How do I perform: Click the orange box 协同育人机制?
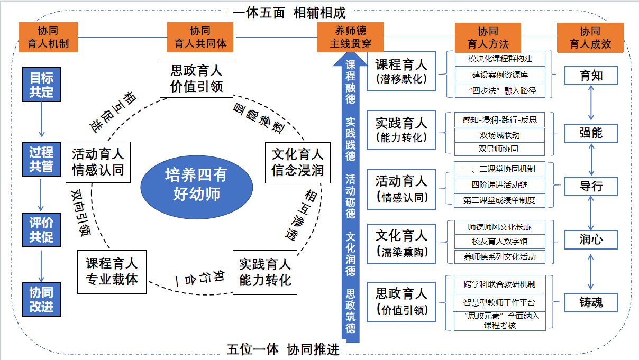48,37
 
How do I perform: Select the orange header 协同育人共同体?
200,37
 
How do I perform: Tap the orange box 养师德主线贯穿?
351,37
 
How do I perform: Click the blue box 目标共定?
42,85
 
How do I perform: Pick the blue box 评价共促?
42,229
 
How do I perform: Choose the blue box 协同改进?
42,299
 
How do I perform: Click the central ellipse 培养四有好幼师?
197,184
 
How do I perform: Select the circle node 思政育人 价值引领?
196,78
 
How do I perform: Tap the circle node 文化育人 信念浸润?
297,162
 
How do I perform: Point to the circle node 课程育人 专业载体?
112,271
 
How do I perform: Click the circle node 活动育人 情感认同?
98,162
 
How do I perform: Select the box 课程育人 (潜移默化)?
401,71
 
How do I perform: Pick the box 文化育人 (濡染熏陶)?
401,242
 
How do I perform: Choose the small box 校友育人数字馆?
500,242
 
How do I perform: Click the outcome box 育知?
591,76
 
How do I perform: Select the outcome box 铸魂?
591,302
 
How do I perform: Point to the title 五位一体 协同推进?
283,350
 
